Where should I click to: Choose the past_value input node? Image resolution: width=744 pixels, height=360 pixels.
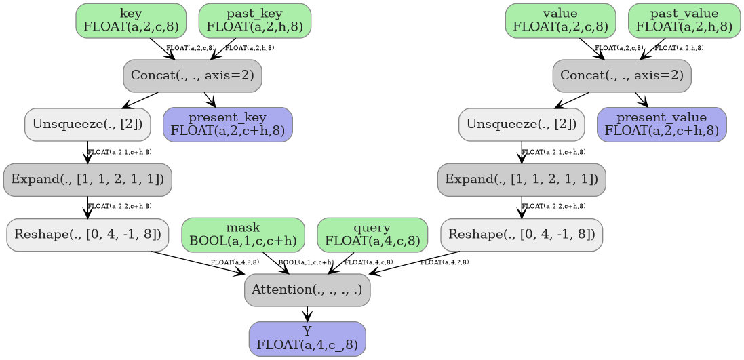pyautogui.click(x=684, y=20)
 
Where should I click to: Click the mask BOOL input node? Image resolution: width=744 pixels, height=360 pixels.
pyautogui.click(x=243, y=234)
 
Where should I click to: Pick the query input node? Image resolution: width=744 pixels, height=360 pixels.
pyautogui.click(x=372, y=234)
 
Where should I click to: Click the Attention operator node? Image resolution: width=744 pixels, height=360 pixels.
pyautogui.click(x=307, y=289)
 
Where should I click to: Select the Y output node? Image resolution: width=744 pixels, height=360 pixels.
pyautogui.click(x=307, y=338)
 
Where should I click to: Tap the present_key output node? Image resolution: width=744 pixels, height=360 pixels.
pyautogui.click(x=228, y=124)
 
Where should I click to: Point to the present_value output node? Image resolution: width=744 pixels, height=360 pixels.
pyautogui.click(x=661, y=124)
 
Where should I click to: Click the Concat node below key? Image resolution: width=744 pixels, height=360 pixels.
pyautogui.click(x=193, y=75)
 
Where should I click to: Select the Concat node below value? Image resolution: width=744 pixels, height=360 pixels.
pyautogui.click(x=622, y=75)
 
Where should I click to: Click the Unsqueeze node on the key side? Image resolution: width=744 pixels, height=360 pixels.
pyautogui.click(x=87, y=124)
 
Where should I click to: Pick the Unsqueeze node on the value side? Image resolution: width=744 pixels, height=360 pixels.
pyautogui.click(x=522, y=124)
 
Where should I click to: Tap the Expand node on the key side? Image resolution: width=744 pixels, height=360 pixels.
pyautogui.click(x=87, y=180)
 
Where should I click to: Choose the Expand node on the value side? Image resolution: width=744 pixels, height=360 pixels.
pyautogui.click(x=522, y=180)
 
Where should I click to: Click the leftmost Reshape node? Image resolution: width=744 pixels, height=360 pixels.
pyautogui.click(x=87, y=235)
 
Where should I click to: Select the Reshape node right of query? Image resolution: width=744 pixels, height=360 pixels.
pyautogui.click(x=522, y=235)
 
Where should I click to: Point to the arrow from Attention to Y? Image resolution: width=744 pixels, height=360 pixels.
pyautogui.click(x=307, y=313)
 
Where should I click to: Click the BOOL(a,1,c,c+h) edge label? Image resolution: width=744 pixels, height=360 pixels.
pyautogui.click(x=306, y=262)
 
